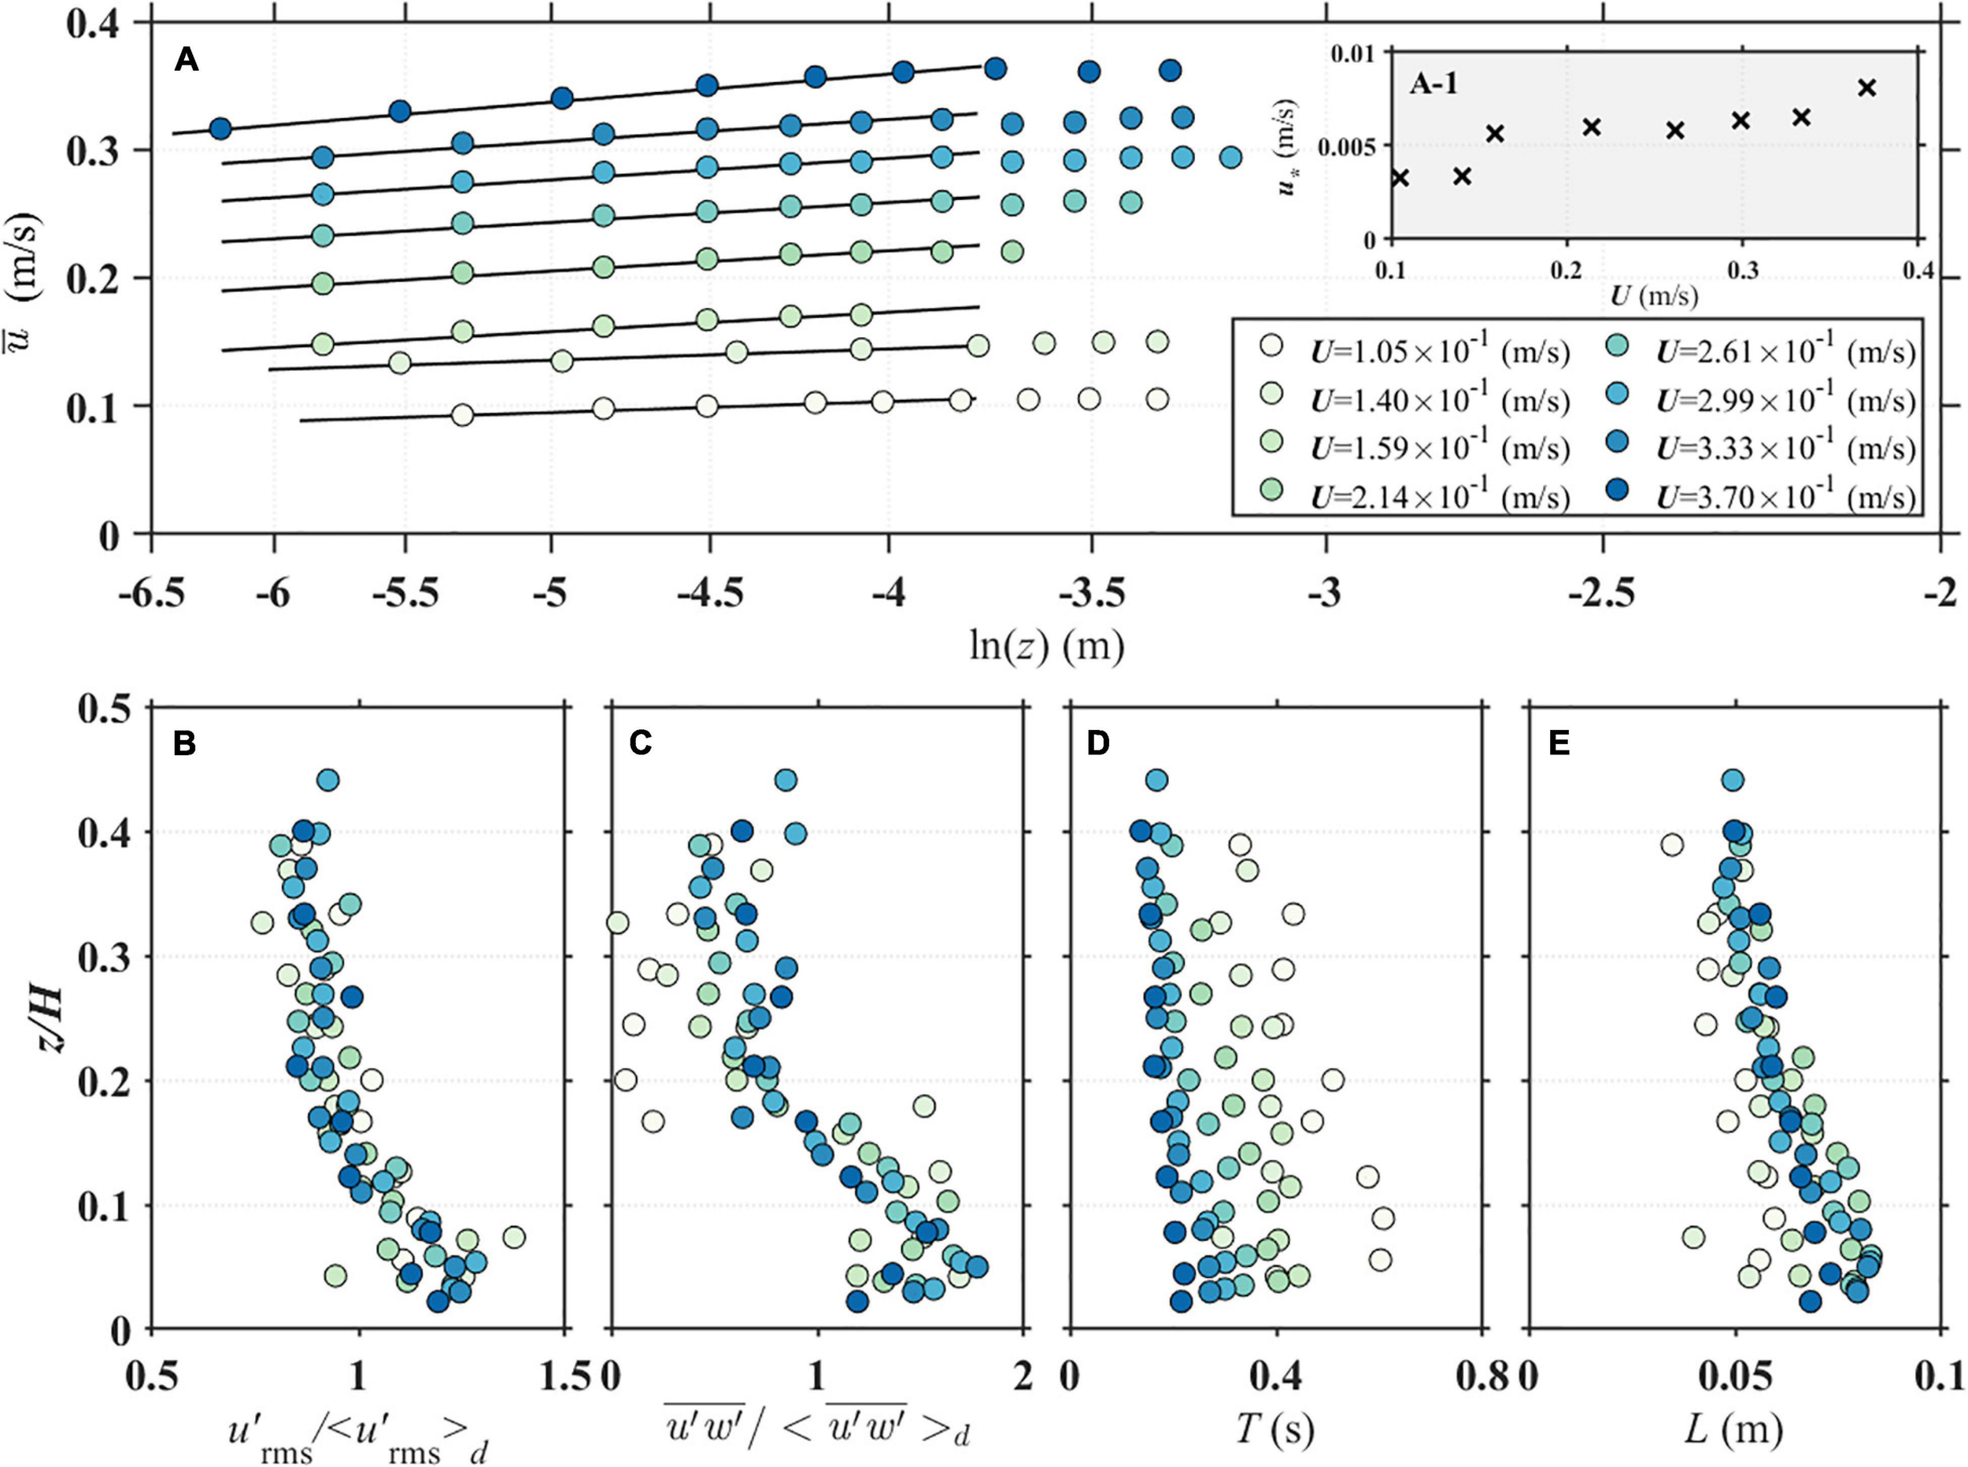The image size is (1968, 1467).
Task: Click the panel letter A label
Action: point(187,61)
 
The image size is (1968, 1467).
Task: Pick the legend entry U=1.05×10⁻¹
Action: point(1439,354)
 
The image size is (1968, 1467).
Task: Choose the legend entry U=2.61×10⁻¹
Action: point(1785,354)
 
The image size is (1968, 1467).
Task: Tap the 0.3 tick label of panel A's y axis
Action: point(96,151)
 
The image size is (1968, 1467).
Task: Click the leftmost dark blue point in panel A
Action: point(220,129)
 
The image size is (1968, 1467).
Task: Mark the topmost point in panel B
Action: point(327,780)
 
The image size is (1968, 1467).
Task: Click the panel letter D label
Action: point(1097,744)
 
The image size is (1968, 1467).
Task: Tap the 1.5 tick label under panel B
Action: point(563,1376)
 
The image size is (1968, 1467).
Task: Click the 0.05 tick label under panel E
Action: point(1733,1376)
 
